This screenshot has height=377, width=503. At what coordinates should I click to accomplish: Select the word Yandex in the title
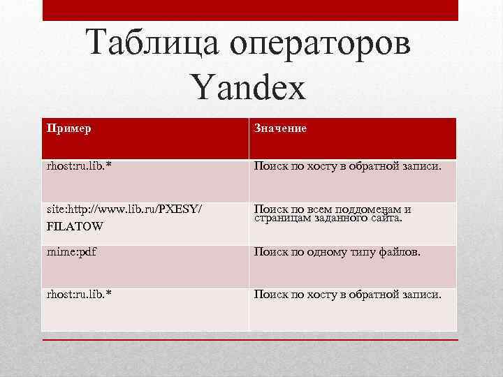(248, 89)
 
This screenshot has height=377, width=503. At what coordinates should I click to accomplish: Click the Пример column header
(68, 129)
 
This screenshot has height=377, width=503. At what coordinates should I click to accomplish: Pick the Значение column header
(280, 129)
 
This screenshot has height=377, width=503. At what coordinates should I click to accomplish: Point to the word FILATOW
(75, 226)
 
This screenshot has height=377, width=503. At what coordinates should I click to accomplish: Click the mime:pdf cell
(71, 252)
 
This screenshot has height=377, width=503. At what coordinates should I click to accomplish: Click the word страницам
(283, 219)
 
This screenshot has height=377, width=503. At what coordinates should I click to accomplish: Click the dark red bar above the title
(250, 10)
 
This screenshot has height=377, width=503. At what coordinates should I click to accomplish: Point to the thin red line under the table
(250, 340)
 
